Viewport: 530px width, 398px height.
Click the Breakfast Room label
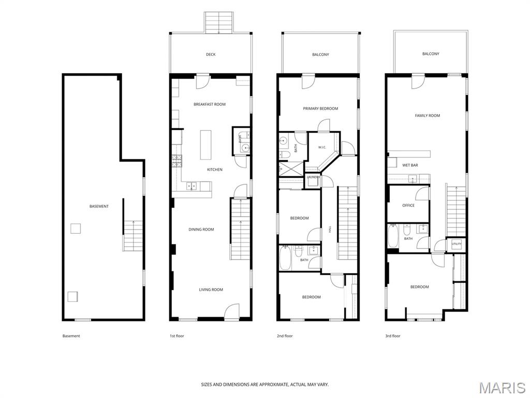pos(210,104)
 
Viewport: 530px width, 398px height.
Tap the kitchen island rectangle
pos(205,145)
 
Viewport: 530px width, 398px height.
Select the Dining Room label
pos(201,230)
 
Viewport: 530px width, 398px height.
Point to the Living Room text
pos(211,290)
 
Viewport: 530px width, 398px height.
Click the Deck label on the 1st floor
pos(211,54)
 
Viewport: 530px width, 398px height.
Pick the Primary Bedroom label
pos(320,109)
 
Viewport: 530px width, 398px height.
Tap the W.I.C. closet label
pos(322,147)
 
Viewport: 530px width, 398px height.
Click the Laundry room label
pos(313,177)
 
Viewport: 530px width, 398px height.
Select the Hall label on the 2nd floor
pos(330,230)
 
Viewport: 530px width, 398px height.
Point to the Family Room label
pos(428,116)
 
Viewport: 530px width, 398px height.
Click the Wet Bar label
pos(410,165)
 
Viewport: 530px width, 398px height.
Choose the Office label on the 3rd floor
pos(408,205)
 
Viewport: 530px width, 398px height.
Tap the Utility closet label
pos(457,244)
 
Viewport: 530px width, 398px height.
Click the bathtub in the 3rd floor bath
pos(392,236)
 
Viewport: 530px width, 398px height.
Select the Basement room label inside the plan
pos(99,206)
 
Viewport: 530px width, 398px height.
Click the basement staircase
pos(132,236)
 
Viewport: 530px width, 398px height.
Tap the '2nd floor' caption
pos(285,336)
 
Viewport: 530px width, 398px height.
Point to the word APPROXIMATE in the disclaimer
pos(272,385)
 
